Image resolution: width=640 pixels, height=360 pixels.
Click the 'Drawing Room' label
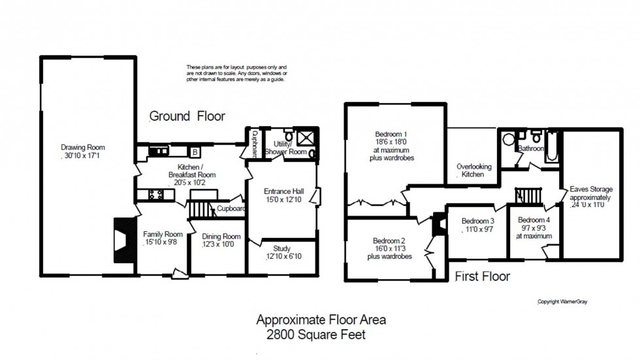(x=83, y=147)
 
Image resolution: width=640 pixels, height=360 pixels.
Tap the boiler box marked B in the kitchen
(x=195, y=152)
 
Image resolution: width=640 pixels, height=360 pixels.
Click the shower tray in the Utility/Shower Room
(x=304, y=138)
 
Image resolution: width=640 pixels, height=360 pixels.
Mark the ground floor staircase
(x=201, y=209)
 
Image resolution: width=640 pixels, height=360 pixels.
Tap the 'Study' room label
(x=281, y=248)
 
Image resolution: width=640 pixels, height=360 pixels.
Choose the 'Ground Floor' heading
(x=187, y=116)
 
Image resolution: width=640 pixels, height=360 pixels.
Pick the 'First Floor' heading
(x=482, y=276)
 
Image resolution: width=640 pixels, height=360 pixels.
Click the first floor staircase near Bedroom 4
(x=530, y=195)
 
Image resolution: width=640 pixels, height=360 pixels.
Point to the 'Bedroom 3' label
(x=478, y=221)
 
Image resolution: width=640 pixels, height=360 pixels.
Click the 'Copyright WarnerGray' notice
(x=562, y=302)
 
